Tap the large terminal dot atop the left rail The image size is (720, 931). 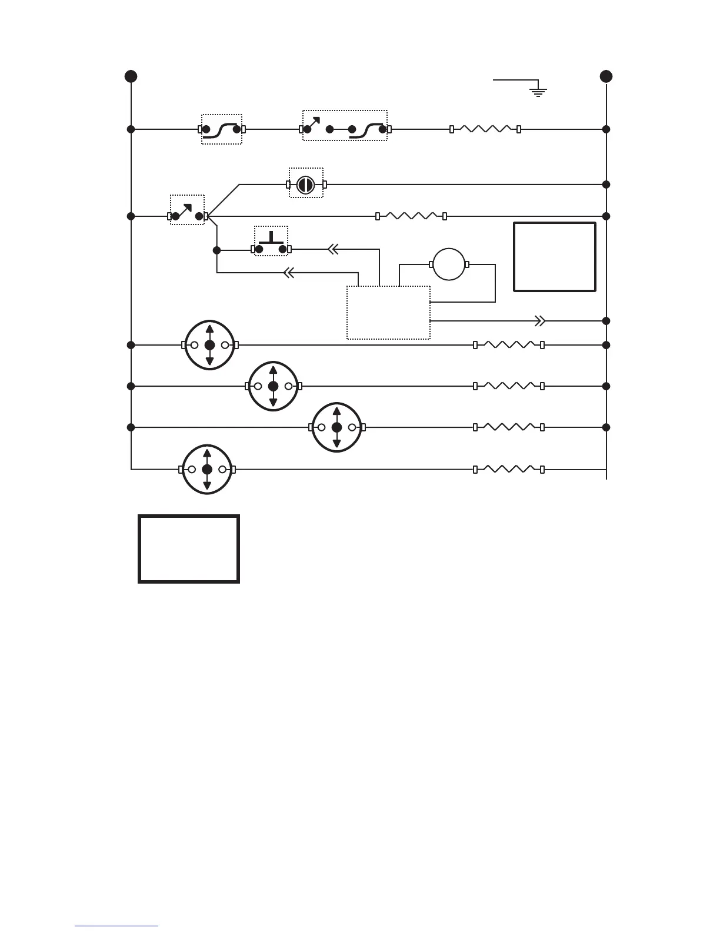(131, 76)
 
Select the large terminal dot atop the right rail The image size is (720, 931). (606, 76)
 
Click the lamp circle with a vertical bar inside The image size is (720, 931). (305, 185)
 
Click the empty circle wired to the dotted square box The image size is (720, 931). (449, 264)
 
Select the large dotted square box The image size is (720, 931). (388, 313)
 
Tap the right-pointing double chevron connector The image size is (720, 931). (539, 321)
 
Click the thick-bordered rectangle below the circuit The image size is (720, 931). (189, 549)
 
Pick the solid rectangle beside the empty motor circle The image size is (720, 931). (555, 256)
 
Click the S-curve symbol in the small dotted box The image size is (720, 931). (222, 129)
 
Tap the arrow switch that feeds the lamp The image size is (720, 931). (187, 213)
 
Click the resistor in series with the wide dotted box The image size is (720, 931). (485, 129)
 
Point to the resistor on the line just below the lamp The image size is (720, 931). (411, 216)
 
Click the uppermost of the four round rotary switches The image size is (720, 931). (210, 345)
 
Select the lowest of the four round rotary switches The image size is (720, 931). (207, 470)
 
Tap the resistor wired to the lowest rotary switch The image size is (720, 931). (509, 470)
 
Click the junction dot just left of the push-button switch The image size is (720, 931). (216, 250)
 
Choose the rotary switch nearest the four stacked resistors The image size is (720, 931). (336, 427)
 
